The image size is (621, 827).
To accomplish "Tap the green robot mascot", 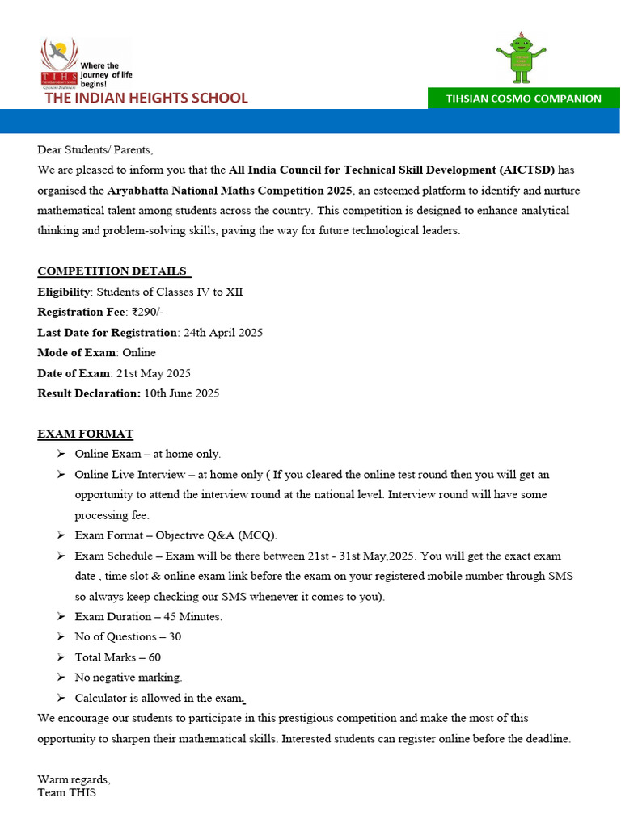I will point(522,59).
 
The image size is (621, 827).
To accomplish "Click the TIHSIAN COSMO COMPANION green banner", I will point(523,99).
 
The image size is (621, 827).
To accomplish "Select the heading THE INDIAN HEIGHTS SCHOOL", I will point(146,99).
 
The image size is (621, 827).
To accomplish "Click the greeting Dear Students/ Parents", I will point(95,149).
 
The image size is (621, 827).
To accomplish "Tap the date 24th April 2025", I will point(222,333).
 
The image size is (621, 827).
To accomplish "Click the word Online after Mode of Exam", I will point(139,353).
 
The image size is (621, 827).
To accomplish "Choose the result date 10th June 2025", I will point(181,393).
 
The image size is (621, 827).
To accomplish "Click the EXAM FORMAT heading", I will point(85,434).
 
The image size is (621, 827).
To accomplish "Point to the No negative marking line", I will point(129,678).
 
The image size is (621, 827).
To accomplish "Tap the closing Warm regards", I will point(74,780).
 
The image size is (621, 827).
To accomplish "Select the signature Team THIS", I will point(66,793).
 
